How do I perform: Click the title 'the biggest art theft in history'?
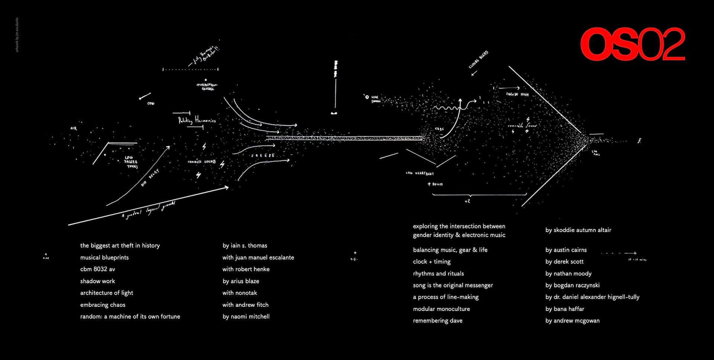click(x=120, y=245)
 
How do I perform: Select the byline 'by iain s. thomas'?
click(x=245, y=245)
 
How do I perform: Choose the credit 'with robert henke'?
click(x=246, y=269)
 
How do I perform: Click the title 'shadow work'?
click(x=97, y=281)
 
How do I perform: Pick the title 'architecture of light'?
click(x=106, y=293)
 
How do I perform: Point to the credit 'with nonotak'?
click(x=239, y=293)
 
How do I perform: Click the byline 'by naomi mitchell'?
click(x=246, y=316)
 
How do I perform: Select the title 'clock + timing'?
click(x=431, y=262)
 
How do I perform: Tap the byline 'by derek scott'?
click(x=564, y=262)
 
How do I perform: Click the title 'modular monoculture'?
click(x=441, y=309)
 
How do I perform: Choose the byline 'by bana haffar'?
click(x=565, y=309)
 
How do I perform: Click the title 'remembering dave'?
click(x=437, y=321)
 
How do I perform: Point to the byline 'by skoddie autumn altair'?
click(x=578, y=230)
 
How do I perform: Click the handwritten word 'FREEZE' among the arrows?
click(x=263, y=155)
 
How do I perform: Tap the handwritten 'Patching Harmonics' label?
click(x=197, y=120)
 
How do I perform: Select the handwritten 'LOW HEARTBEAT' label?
click(x=419, y=173)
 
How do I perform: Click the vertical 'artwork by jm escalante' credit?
click(x=17, y=35)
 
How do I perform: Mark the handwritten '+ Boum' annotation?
click(x=435, y=184)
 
